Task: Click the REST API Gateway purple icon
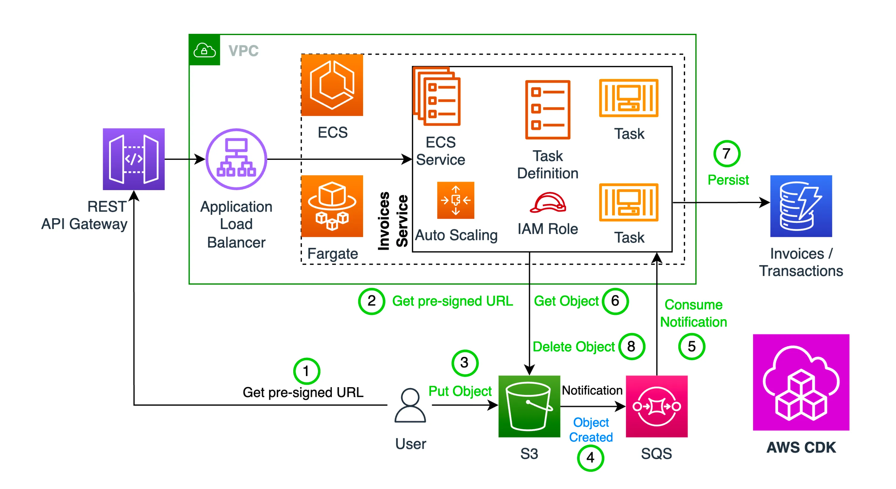click(134, 159)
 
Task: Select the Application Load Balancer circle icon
click(236, 159)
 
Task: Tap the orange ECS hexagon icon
click(332, 85)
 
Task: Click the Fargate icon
click(332, 206)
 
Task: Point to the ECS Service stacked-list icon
click(437, 96)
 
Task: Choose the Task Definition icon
click(547, 109)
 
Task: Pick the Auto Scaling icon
click(455, 200)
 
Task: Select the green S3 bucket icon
click(529, 406)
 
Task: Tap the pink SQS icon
click(656, 406)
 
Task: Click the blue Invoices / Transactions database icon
click(801, 206)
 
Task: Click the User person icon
click(410, 405)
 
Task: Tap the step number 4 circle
click(590, 458)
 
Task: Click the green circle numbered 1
click(306, 371)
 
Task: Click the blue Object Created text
click(591, 429)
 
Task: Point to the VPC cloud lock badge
click(205, 50)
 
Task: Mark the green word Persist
click(728, 180)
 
